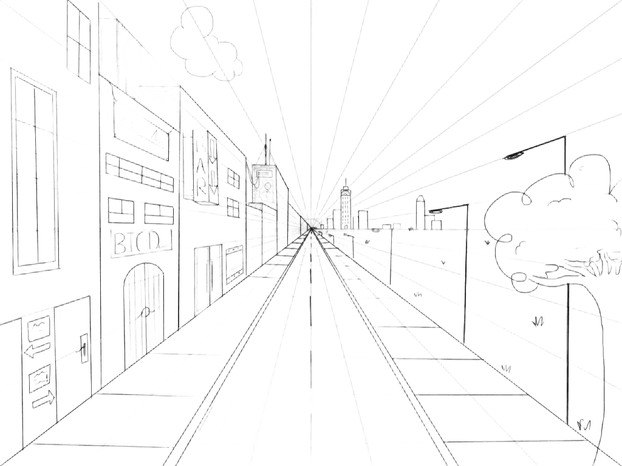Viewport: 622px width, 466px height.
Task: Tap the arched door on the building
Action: (x=145, y=312)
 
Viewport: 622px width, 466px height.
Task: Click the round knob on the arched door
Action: (x=146, y=314)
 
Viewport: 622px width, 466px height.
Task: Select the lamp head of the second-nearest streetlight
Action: (x=436, y=212)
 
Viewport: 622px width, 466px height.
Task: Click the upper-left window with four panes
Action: (x=79, y=42)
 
